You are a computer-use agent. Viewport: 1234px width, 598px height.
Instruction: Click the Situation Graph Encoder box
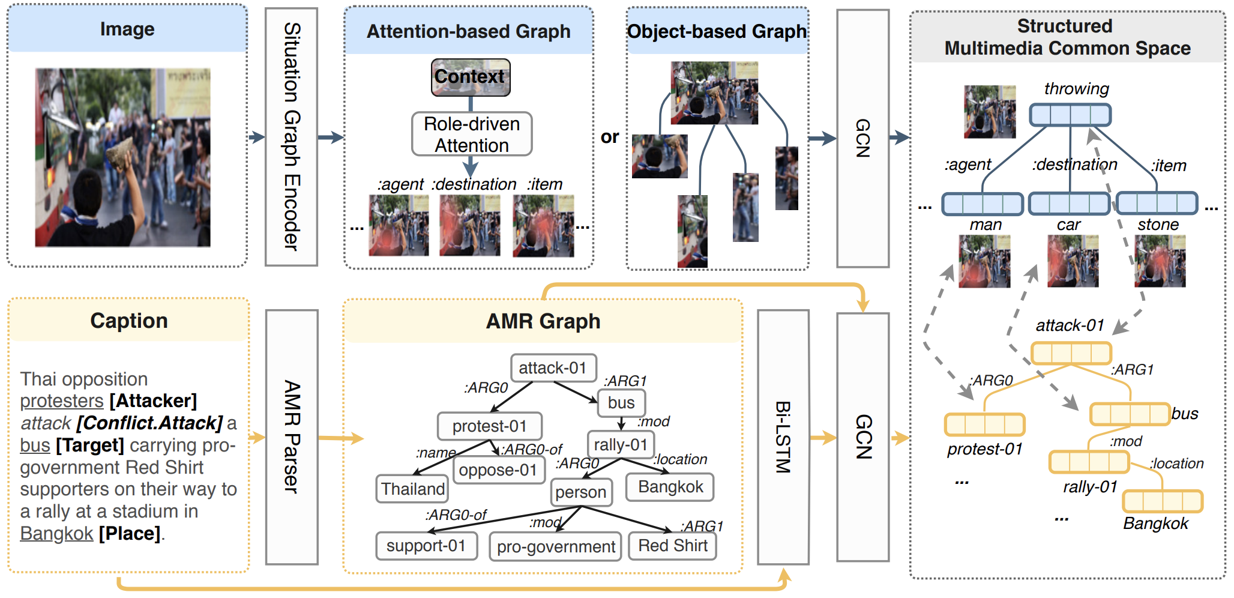click(291, 137)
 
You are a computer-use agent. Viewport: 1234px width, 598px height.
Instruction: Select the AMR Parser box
click(291, 437)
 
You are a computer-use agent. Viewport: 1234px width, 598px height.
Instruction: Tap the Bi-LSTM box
click(783, 437)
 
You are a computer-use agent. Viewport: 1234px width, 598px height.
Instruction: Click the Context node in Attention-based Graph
click(470, 77)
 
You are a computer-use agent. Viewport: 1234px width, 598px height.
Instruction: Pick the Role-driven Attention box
click(472, 134)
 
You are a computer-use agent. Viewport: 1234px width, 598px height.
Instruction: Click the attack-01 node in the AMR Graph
click(553, 367)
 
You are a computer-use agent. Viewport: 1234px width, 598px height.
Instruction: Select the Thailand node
click(412, 489)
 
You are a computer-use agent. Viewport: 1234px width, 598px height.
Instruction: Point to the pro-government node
click(555, 546)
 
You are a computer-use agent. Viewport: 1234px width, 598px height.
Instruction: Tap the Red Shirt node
click(672, 546)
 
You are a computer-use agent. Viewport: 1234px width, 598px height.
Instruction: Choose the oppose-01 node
click(498, 470)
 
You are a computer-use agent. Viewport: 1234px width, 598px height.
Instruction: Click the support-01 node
click(426, 546)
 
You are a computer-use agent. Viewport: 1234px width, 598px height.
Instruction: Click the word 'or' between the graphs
click(609, 137)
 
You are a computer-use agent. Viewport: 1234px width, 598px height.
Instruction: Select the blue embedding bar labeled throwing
click(1070, 115)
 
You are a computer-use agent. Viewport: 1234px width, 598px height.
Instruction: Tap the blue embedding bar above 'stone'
click(1157, 204)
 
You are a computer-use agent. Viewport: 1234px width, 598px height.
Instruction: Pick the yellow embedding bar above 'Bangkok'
click(1162, 501)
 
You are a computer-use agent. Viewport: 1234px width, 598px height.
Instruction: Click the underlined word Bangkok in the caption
click(56, 533)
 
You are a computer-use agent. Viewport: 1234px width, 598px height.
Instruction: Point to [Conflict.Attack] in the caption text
click(149, 423)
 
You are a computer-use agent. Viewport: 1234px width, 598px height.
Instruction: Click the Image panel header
click(127, 29)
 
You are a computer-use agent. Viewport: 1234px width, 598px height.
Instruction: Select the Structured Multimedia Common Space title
click(1067, 37)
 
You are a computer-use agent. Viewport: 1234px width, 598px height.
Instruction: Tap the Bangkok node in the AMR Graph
click(670, 487)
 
